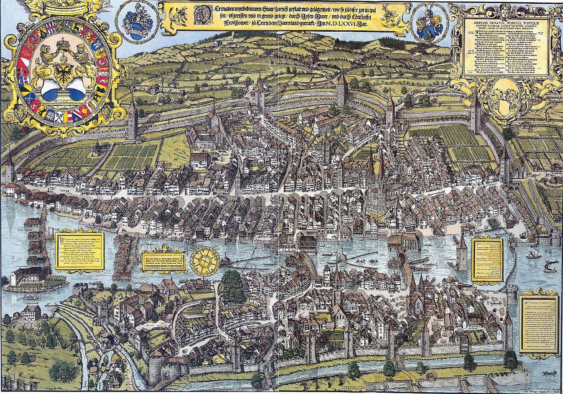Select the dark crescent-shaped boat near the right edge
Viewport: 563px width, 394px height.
(x=550, y=266)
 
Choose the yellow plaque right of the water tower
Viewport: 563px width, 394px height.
(x=487, y=260)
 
